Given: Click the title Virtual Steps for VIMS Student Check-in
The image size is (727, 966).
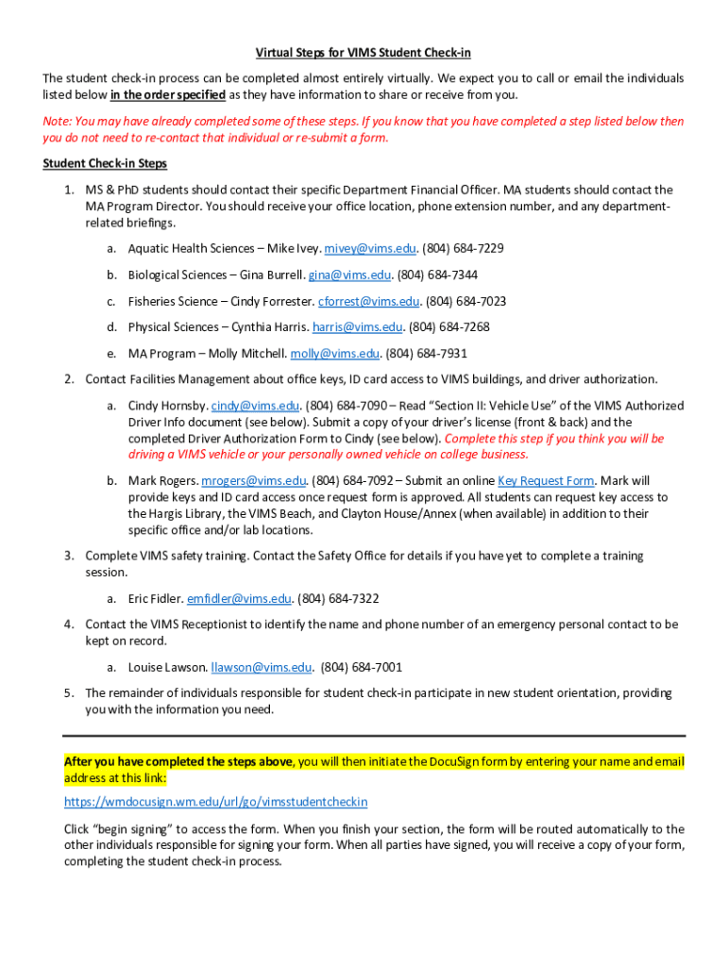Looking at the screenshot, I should [x=363, y=52].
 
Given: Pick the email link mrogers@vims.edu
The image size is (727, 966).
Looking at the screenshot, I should [x=254, y=481].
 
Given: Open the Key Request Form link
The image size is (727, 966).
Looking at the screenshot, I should [x=546, y=481].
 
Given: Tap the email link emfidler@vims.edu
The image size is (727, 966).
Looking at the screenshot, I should [x=240, y=599].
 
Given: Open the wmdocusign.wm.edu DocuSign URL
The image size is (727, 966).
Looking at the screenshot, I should [x=215, y=802].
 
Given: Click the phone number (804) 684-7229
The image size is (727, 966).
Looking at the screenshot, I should [x=463, y=249].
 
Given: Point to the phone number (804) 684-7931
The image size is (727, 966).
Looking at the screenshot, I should [x=427, y=354].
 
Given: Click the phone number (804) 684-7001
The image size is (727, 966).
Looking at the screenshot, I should [x=362, y=668].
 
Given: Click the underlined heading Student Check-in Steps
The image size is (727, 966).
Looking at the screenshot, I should [x=105, y=164].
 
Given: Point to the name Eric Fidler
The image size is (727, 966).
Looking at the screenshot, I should [x=154, y=599].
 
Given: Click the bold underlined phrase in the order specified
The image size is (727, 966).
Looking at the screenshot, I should [x=167, y=95].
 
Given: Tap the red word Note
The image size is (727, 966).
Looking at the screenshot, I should [x=56, y=122].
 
